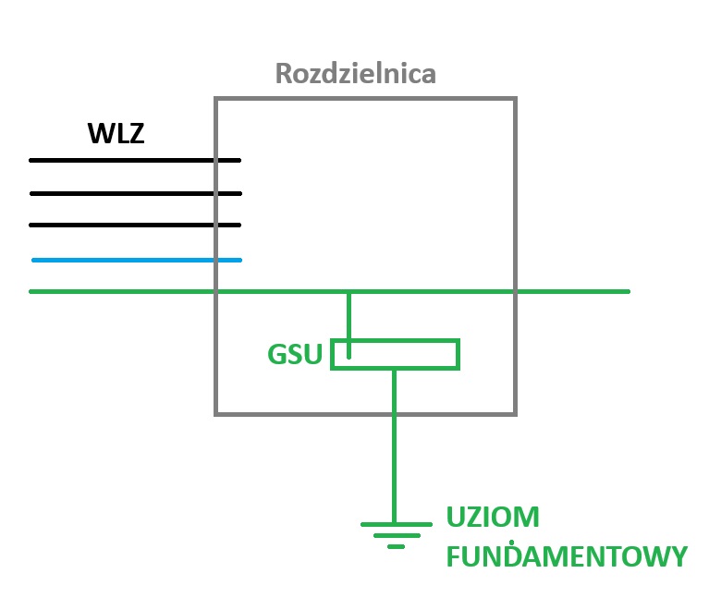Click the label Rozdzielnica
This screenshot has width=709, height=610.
pyautogui.click(x=356, y=74)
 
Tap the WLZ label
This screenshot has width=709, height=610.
pyautogui.click(x=116, y=135)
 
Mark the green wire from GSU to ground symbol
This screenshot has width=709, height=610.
pyautogui.click(x=395, y=444)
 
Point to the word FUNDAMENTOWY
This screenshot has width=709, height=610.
pyautogui.click(x=567, y=556)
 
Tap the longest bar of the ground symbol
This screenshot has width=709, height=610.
pyautogui.click(x=396, y=523)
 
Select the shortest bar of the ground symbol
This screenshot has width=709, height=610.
pyautogui.click(x=396, y=546)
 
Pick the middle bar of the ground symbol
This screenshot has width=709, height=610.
pyautogui.click(x=396, y=535)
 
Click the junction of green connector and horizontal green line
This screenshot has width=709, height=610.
pyautogui.click(x=348, y=292)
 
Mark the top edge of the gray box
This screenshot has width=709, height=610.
pyautogui.click(x=365, y=98)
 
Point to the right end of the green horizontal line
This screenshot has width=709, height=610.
pyautogui.click(x=627, y=291)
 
